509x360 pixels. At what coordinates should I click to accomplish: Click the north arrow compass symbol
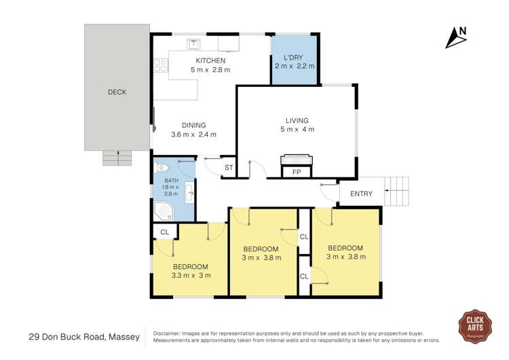[x=455, y=37]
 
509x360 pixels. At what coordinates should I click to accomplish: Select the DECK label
[x=117, y=92]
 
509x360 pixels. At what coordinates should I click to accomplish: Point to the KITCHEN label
[x=210, y=61]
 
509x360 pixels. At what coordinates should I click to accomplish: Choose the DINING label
[x=193, y=125]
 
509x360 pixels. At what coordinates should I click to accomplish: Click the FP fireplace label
[x=297, y=173]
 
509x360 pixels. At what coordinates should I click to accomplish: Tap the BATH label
[x=170, y=181]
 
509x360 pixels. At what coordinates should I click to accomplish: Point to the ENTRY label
[x=361, y=194]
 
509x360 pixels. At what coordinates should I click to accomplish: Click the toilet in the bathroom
[x=161, y=167]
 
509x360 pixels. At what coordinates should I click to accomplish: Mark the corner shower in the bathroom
[x=163, y=211]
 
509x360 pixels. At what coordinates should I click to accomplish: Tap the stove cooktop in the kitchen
[x=161, y=65]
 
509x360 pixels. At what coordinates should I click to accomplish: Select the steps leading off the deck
[x=117, y=158]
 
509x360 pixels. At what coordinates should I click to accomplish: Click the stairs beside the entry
[x=397, y=191]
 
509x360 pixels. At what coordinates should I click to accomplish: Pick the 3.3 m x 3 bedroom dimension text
[x=191, y=275]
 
